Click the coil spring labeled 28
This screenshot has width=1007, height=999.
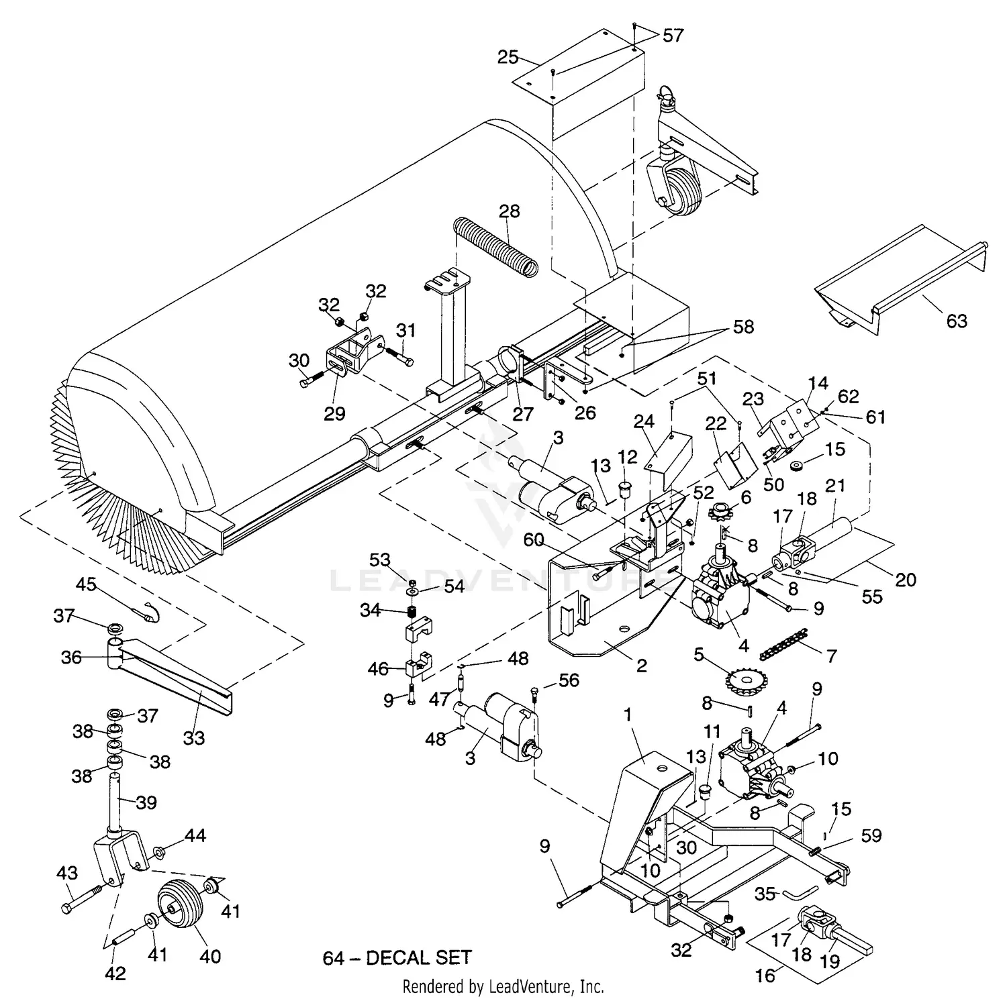coord(495,246)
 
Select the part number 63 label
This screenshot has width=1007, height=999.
coord(956,321)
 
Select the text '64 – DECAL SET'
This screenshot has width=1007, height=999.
coord(397,957)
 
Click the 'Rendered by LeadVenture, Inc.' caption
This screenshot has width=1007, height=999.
coord(503,986)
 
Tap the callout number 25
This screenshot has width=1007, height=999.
coord(508,57)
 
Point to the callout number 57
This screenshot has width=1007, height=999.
coord(673,35)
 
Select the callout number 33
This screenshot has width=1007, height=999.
coord(194,738)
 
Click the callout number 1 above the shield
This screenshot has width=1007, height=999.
coord(628,715)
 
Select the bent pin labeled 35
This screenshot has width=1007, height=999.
coord(798,893)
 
